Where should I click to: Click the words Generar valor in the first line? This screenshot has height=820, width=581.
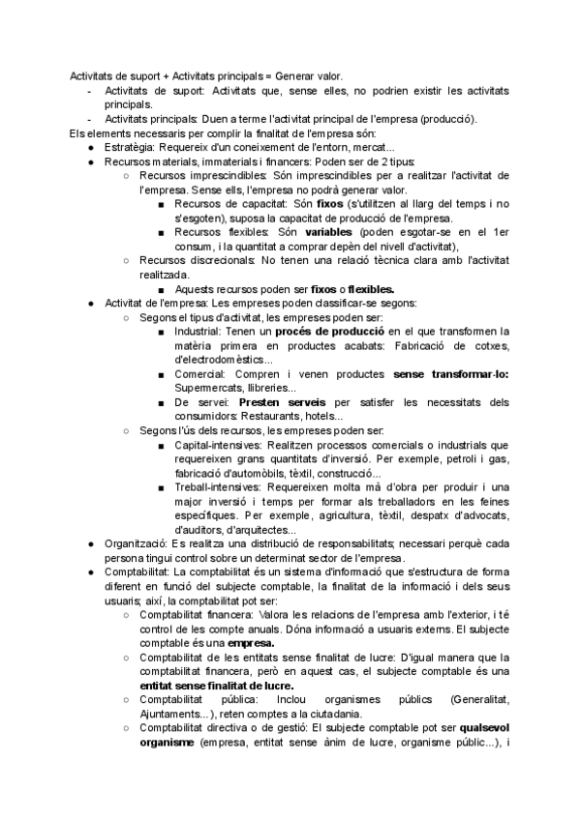coord(313,75)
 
